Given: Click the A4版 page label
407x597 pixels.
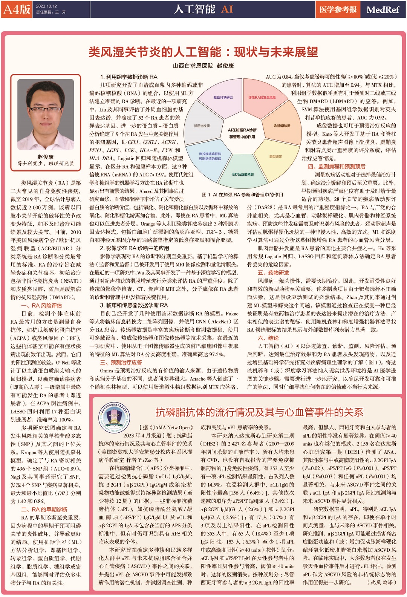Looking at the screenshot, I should pyautogui.click(x=17, y=9).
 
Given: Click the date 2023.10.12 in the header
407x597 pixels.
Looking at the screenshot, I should pyautogui.click(x=46, y=6).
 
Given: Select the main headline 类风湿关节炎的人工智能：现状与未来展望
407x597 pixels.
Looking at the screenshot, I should pyautogui.click(x=203, y=52).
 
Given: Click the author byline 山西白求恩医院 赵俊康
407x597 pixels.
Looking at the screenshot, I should pyautogui.click(x=203, y=66).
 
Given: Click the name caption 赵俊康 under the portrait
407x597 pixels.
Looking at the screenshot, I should pyautogui.click(x=45, y=157).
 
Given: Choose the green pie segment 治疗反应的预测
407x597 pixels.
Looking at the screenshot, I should pyautogui.click(x=242, y=174).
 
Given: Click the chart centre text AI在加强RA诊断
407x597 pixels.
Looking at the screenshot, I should pyautogui.click(x=242, y=130).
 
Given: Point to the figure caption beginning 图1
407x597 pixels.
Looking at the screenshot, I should pyautogui.click(x=242, y=194).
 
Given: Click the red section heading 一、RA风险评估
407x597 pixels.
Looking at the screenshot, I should pyautogui.click(x=41, y=306).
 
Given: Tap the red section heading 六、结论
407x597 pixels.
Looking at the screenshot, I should pyautogui.click(x=268, y=338).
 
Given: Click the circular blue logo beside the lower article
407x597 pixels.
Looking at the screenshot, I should pyautogui.click(x=114, y=416).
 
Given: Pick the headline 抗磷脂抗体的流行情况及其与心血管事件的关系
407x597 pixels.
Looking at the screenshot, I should pyautogui.click(x=259, y=412).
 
